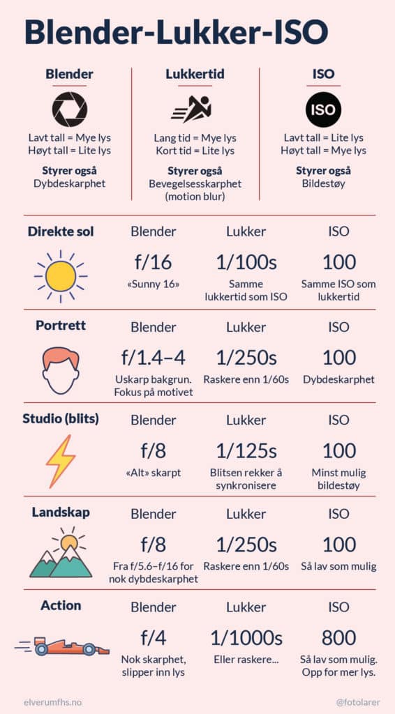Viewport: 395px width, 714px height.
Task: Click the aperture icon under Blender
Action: coord(70,109)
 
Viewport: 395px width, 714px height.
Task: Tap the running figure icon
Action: coord(192,109)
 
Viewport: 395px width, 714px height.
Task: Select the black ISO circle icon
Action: coord(323,109)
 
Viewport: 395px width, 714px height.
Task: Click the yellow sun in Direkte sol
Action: coord(61,276)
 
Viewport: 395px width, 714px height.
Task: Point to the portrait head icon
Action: coord(61,370)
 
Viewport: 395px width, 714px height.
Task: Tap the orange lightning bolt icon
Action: coord(61,462)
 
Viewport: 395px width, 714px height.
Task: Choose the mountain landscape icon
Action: coord(61,552)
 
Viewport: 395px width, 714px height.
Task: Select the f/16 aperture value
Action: coord(153,263)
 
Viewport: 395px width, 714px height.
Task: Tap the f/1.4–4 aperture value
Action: coord(153,358)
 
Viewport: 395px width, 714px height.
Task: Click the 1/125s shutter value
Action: coord(246,451)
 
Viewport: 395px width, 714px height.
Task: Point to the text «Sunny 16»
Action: coord(153,284)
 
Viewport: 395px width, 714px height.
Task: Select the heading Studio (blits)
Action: coord(61,419)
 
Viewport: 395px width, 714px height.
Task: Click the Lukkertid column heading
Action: coord(195,74)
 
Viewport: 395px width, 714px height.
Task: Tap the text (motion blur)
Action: coord(195,196)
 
